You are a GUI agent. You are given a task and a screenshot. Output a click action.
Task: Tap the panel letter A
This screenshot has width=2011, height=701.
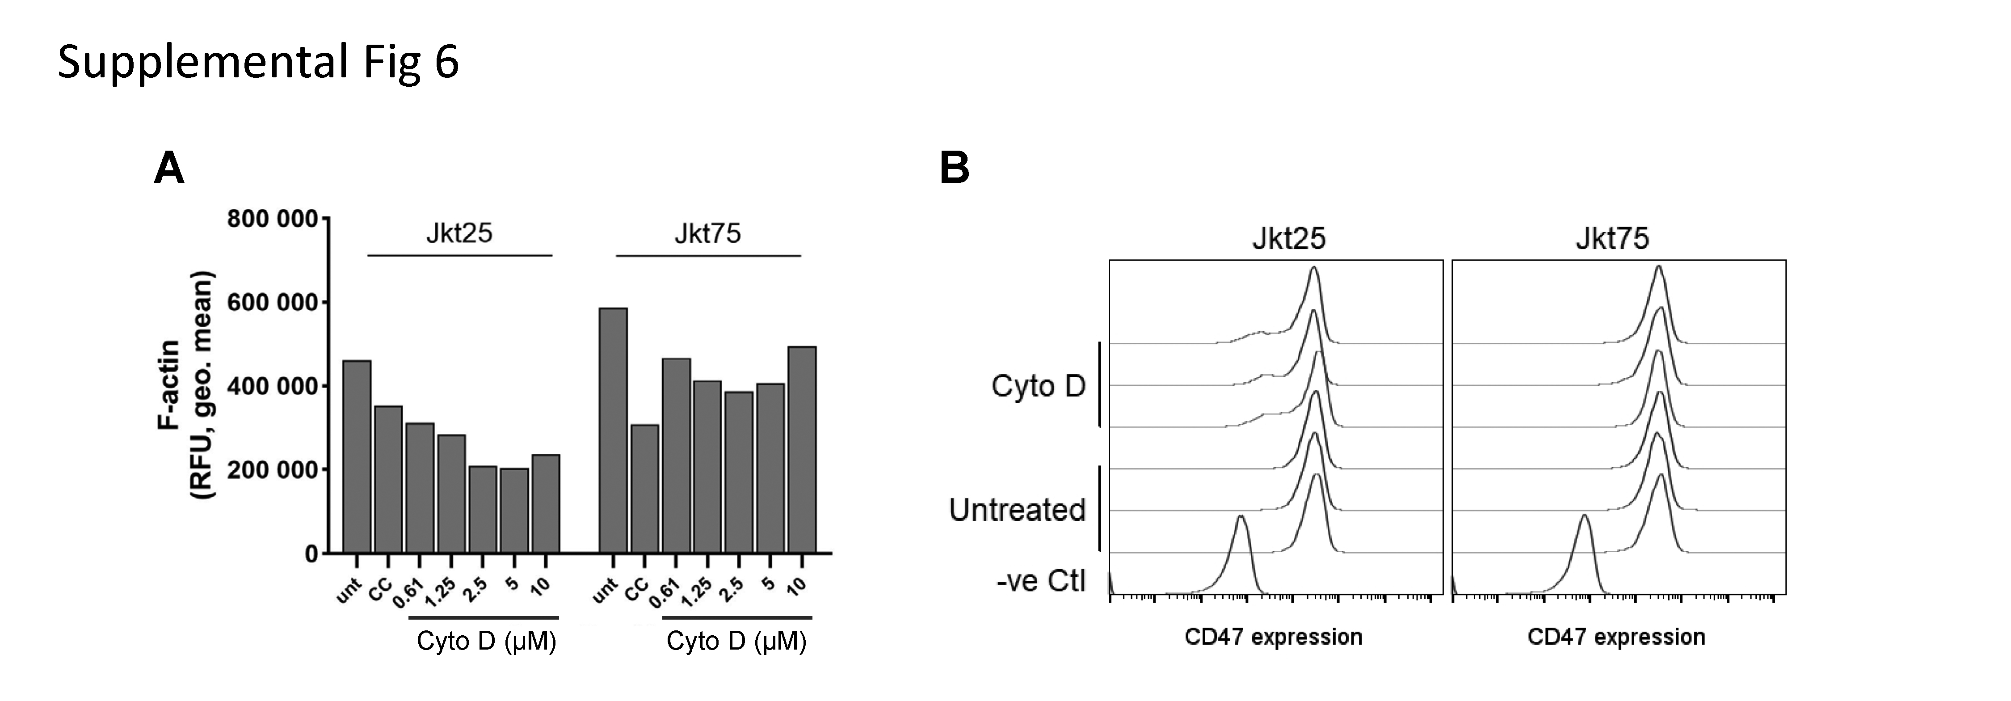coord(169,168)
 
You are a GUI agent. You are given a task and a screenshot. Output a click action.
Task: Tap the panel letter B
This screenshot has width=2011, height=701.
coord(954,168)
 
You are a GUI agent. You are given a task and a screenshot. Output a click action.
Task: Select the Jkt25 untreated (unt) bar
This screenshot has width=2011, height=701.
coord(357,456)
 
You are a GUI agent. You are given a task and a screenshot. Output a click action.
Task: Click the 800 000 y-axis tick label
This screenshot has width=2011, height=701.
coord(273,220)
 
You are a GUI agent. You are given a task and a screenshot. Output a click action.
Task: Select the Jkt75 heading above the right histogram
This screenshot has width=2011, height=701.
coord(1612,238)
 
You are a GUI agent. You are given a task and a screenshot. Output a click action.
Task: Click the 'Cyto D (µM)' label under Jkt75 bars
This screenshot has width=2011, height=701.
coord(736,641)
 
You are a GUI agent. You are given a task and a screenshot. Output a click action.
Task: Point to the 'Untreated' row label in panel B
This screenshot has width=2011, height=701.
coord(1016,510)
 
